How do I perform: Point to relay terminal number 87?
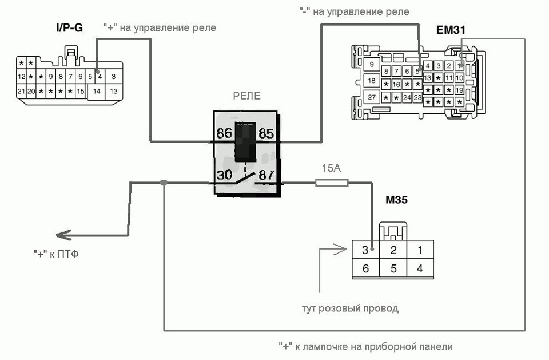click(266, 176)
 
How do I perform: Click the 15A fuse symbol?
click(332, 183)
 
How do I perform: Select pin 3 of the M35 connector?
click(365, 250)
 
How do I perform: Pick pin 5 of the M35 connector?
click(393, 268)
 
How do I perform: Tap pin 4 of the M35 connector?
click(420, 268)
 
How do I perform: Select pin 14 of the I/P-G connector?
click(97, 90)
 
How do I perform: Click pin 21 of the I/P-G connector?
click(21, 91)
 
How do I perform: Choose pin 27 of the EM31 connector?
click(372, 97)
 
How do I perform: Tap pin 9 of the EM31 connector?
click(372, 64)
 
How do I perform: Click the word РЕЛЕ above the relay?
click(246, 96)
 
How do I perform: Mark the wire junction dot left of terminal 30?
click(164, 183)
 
